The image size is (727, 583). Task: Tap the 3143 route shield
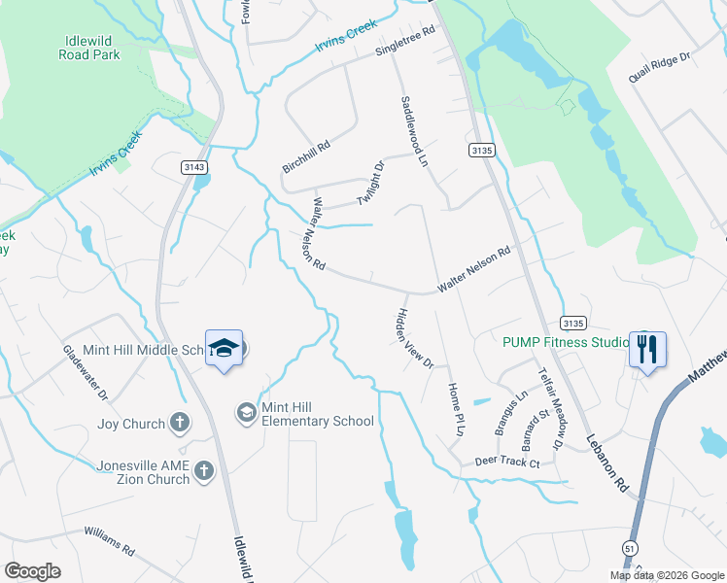pyautogui.click(x=192, y=167)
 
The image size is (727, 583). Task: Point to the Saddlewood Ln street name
pyautogui.click(x=414, y=130)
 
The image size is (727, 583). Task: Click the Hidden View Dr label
pyautogui.click(x=413, y=338)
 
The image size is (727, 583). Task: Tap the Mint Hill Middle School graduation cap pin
pyautogui.click(x=224, y=349)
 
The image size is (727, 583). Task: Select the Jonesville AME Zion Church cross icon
pyautogui.click(x=203, y=471)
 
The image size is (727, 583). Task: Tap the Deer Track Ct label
pyautogui.click(x=506, y=463)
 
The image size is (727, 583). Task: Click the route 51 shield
pyautogui.click(x=631, y=551)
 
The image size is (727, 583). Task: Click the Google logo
pyautogui.click(x=32, y=571)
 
